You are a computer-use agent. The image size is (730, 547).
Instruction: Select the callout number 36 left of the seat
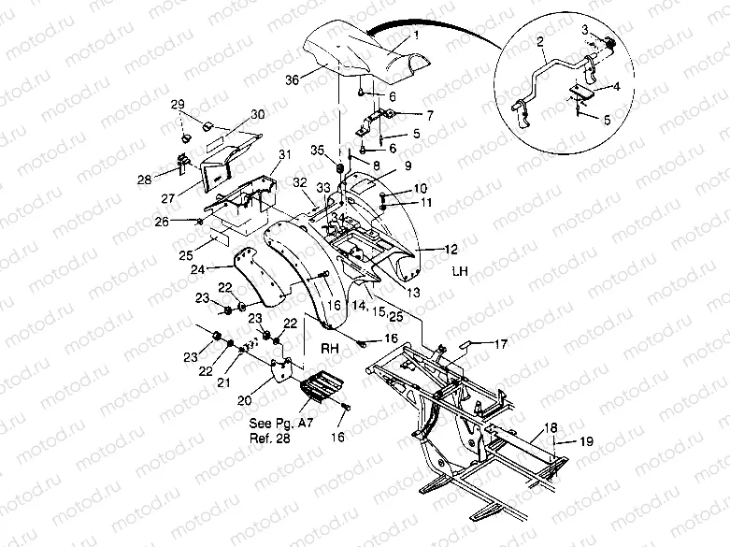pos(292,81)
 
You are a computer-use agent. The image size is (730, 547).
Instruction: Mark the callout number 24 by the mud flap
pos(197,268)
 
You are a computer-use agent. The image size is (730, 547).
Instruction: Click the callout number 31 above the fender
pos(284,154)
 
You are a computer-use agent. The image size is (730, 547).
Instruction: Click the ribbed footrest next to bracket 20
pos(318,386)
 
